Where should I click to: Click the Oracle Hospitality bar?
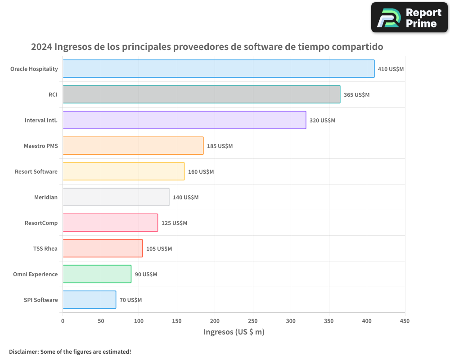coord(218,69)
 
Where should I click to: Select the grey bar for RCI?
coord(201,94)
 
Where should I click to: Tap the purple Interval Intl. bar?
coord(184,120)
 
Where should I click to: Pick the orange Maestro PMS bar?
coord(133,146)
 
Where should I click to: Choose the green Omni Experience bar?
coord(97,274)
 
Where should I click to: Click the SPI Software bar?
coord(89,300)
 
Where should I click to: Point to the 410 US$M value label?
coord(391,69)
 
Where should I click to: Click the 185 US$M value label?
coord(220,146)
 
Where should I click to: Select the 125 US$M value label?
coord(174,223)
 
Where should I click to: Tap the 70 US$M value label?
coord(130,300)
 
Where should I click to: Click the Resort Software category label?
coord(36,171)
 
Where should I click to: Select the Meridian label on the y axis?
coord(46,197)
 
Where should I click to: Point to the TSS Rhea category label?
coord(45,248)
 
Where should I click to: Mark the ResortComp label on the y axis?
coord(41,223)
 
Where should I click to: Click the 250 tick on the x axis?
coord(253,321)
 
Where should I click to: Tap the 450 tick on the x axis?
coord(405,321)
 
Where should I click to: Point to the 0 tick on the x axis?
coord(63,321)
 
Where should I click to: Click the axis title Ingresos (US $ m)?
coord(234,332)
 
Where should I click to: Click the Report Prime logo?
coord(409,18)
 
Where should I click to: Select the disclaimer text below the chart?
coord(70,351)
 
